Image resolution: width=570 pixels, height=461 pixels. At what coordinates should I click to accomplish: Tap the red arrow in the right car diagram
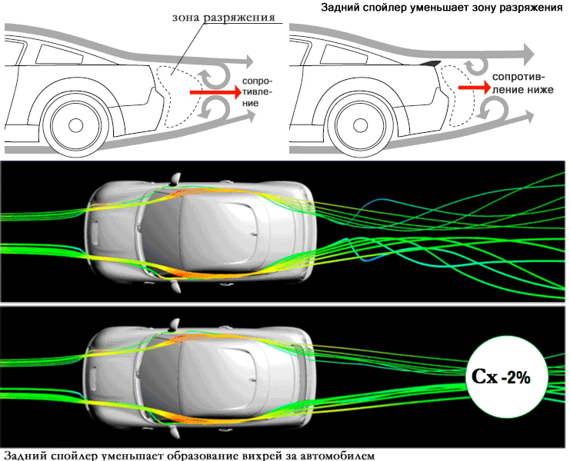coord(472,88)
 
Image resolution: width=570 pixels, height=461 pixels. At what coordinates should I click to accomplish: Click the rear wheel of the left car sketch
coord(75,124)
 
